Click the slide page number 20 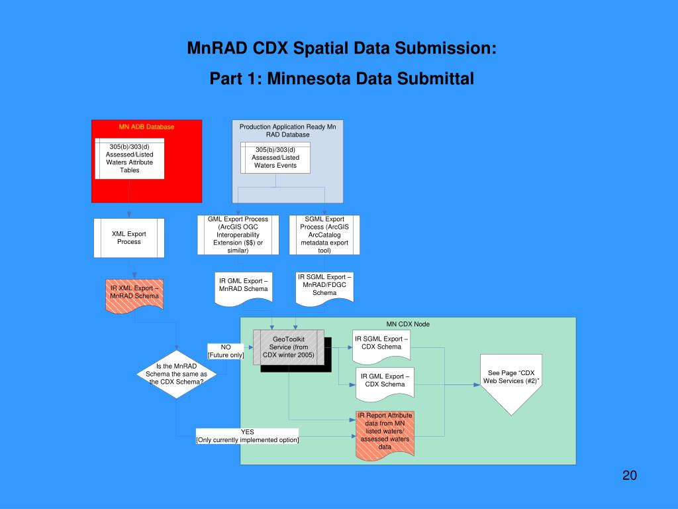point(629,476)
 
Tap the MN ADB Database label point(146,127)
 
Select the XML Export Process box point(129,238)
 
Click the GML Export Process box point(238,235)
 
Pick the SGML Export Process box point(324,235)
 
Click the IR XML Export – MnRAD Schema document point(135,294)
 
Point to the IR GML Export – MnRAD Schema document point(243,287)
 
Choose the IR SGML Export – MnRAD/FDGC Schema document point(324,286)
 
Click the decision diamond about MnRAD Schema point(176,374)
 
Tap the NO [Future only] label point(226,351)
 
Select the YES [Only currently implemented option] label point(247,436)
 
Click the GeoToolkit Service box point(289,347)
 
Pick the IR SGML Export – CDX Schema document point(381,345)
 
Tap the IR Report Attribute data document point(385,431)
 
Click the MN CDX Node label point(408,324)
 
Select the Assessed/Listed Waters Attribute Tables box point(129,158)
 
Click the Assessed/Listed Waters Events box point(275,158)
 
